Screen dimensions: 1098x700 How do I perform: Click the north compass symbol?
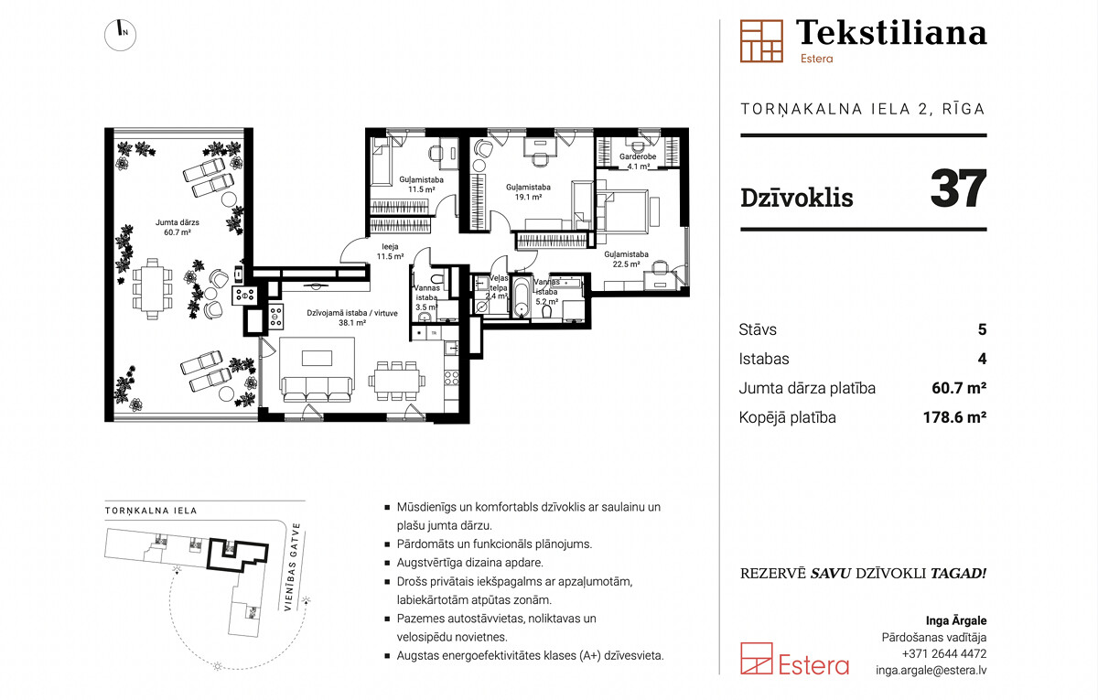[x=120, y=35]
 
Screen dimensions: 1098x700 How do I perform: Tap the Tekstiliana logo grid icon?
[x=761, y=41]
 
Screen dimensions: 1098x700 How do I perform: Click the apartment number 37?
[x=958, y=188]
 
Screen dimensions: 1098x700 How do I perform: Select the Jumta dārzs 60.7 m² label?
[x=178, y=228]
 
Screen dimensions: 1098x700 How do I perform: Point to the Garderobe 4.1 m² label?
[x=638, y=161]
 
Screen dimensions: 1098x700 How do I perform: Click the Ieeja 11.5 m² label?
[x=390, y=252]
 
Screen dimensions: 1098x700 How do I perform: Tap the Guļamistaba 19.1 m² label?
[x=528, y=192]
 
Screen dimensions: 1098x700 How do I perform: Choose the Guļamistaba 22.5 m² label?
[x=626, y=259]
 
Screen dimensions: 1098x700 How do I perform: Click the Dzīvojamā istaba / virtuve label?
[x=352, y=313]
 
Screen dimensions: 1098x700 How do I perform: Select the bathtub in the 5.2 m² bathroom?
[x=521, y=297]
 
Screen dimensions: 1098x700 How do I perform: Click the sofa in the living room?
[x=317, y=390]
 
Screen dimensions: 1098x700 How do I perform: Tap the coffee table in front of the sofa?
[x=317, y=358]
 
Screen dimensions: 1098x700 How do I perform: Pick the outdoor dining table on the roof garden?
[x=153, y=289]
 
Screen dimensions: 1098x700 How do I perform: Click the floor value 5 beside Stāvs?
[x=982, y=329]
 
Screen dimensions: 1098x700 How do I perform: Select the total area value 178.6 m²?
[x=954, y=417]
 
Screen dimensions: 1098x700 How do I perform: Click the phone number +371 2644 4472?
[x=944, y=653]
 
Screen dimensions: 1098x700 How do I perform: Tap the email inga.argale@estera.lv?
[x=931, y=670]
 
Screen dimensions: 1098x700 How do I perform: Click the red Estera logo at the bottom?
[x=794, y=660]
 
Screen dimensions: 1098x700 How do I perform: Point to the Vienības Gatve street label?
[x=292, y=567]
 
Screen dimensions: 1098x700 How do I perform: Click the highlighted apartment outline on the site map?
[x=208, y=554]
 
